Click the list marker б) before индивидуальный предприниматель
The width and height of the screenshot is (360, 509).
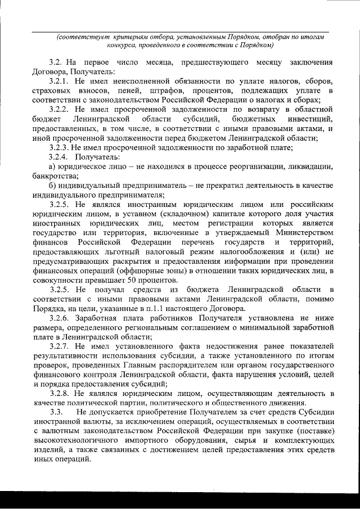(52, 185)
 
